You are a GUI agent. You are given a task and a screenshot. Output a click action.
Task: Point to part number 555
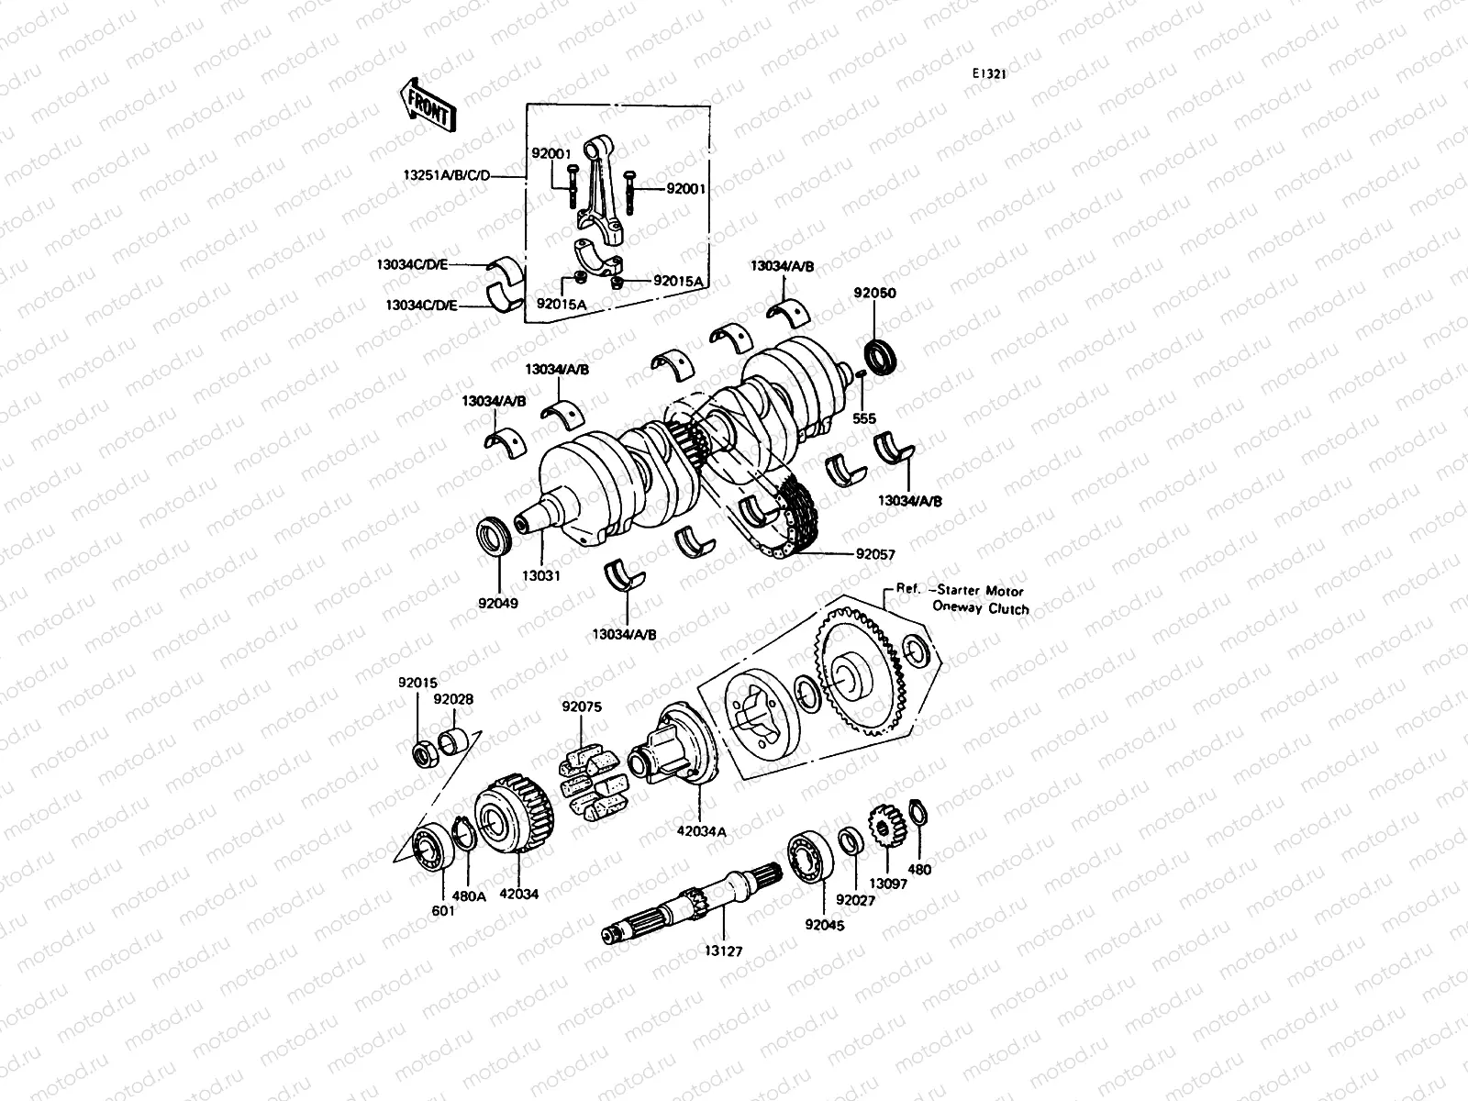point(864,418)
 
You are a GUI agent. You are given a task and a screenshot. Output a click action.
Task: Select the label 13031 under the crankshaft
point(541,575)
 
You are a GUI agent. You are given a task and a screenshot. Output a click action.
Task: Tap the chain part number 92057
point(875,554)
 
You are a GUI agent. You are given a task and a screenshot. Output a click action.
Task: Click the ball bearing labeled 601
point(429,847)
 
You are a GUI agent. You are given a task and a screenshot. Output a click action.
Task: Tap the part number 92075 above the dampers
point(581,707)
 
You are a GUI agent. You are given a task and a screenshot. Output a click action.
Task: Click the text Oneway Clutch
point(980,608)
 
